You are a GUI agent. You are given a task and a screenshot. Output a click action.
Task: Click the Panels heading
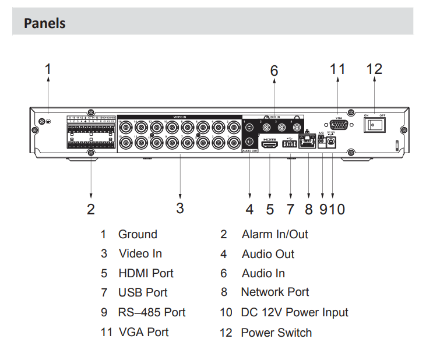[x=44, y=24]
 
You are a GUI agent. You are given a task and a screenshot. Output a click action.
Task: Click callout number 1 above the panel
[x=48, y=69]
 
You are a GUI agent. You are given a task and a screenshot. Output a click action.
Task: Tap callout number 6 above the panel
[x=274, y=70]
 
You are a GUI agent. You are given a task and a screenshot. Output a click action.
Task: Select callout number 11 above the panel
[x=337, y=69]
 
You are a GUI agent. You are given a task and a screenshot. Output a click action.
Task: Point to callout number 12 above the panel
[x=374, y=69]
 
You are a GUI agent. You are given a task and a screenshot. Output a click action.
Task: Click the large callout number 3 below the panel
[x=180, y=207]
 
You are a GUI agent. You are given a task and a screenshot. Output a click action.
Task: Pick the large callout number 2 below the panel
[x=91, y=209]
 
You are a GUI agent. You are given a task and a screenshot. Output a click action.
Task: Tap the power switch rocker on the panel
[x=375, y=125]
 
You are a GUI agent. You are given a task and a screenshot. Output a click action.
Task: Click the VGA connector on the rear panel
[x=338, y=125]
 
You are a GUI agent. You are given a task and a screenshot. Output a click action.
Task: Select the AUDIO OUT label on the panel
[x=251, y=151]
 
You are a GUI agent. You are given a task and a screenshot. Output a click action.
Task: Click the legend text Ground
[x=138, y=234]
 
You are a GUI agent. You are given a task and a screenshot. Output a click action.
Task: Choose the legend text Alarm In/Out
[x=274, y=234]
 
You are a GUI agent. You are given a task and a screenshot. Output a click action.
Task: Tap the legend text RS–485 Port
[x=152, y=312]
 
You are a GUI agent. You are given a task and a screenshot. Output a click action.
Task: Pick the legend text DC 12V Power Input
[x=294, y=312]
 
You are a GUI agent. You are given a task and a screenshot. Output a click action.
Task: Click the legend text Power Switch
[x=276, y=333]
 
